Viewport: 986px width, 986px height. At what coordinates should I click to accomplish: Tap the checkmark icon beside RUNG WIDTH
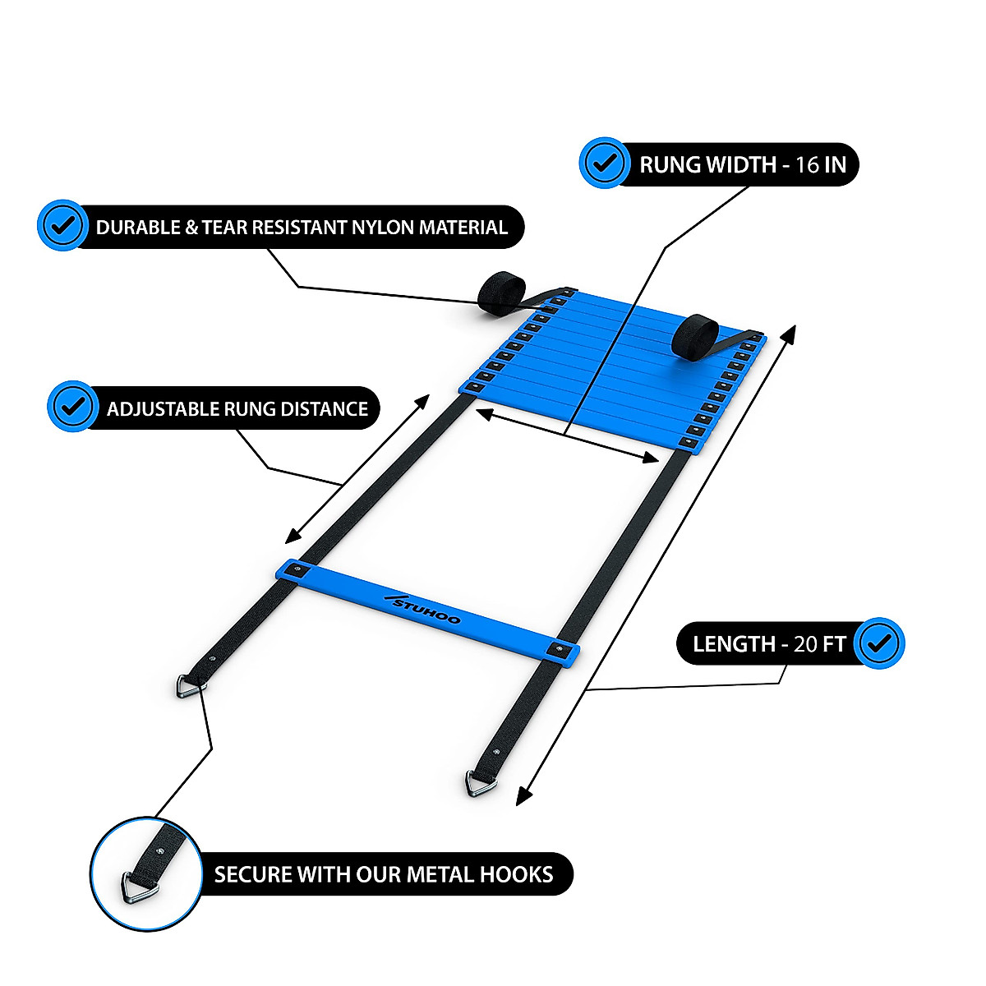click(x=606, y=163)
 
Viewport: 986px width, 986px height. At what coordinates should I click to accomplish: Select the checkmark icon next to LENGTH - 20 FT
click(x=879, y=643)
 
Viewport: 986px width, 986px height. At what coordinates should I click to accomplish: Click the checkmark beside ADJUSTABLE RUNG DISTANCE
click(x=73, y=406)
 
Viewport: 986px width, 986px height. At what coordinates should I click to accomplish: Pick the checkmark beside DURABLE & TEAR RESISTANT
click(x=62, y=225)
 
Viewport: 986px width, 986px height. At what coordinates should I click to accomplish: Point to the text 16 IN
click(x=821, y=164)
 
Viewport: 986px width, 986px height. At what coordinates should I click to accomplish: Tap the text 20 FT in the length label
click(x=819, y=644)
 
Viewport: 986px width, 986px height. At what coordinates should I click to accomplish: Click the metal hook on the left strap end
click(x=191, y=687)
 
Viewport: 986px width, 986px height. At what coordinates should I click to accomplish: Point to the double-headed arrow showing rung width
click(x=567, y=436)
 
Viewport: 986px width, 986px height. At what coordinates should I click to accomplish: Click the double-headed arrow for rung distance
click(x=357, y=468)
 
